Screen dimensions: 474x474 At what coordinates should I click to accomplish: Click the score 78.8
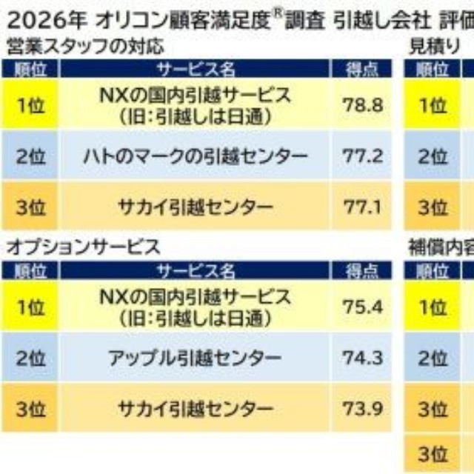[363, 104]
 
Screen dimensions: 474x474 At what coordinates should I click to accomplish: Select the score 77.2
[363, 156]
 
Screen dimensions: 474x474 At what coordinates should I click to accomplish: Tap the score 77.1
[363, 206]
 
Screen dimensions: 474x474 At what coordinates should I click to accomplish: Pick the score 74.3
[363, 358]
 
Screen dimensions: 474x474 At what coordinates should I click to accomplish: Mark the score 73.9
[363, 409]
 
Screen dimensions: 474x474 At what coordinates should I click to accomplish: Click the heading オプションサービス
[82, 247]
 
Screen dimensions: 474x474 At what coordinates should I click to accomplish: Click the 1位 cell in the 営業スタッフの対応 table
[30, 104]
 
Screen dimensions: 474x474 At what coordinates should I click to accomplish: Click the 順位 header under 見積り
[433, 70]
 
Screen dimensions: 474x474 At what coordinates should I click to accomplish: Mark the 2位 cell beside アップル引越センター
[30, 358]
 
